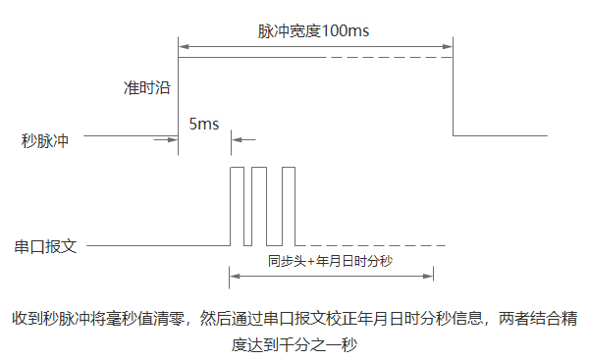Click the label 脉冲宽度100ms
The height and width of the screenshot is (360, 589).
[313, 30]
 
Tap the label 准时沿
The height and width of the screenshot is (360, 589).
[147, 87]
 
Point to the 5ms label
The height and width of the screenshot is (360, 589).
[203, 124]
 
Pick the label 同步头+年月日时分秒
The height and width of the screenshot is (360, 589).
[330, 262]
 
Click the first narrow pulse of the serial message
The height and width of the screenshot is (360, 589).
[236, 206]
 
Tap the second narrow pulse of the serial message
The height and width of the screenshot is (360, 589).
[259, 206]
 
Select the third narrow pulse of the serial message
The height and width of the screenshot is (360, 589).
[289, 206]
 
